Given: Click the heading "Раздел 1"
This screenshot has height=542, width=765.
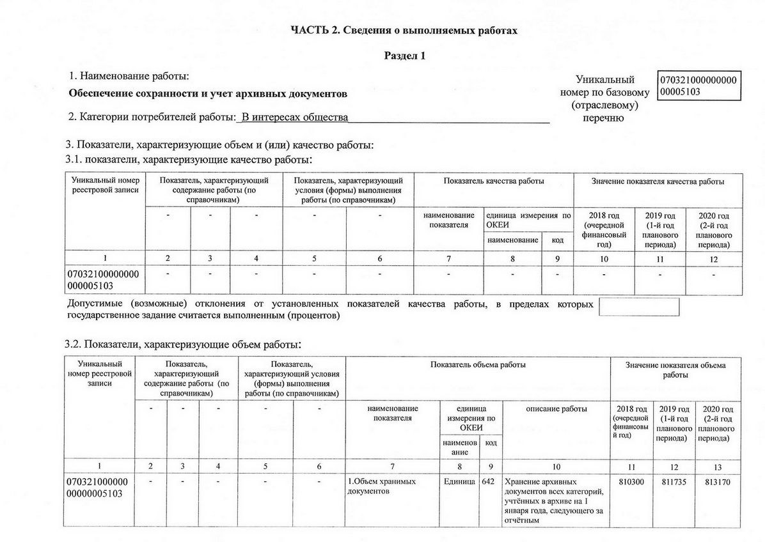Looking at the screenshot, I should click(404, 56).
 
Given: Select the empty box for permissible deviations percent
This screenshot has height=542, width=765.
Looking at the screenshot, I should click(638, 307).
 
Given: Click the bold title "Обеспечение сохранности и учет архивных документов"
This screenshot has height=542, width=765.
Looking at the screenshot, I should click(208, 95).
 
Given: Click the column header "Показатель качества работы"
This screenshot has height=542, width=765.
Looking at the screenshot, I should click(493, 182).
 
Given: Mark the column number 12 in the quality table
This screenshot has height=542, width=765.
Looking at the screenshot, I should click(713, 259).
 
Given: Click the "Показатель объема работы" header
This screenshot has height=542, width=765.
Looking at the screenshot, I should click(478, 365).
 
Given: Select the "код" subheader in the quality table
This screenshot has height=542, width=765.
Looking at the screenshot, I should click(557, 240).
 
